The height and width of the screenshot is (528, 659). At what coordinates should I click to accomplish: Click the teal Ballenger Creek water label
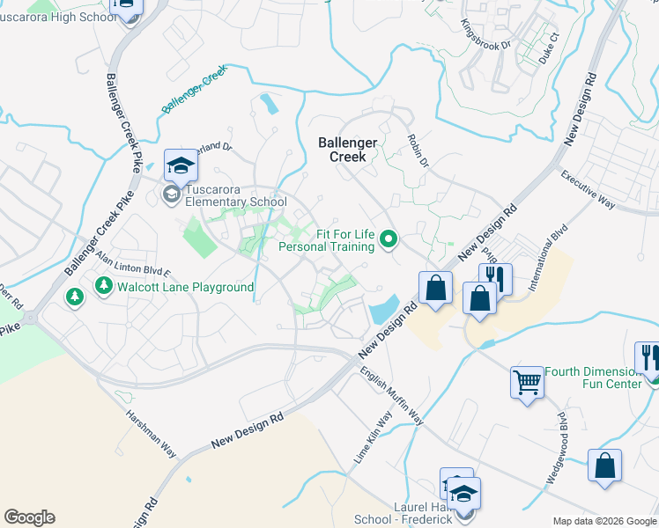coord(194,92)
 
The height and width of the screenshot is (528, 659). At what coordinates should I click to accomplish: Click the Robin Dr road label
coord(418,150)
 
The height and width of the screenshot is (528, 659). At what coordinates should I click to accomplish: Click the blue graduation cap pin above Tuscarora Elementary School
coord(181,165)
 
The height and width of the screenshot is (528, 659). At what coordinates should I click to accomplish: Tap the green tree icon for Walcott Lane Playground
coord(104,286)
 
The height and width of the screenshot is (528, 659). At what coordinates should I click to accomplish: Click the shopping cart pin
coord(527,383)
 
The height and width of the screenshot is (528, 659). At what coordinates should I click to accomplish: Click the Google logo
coord(29,517)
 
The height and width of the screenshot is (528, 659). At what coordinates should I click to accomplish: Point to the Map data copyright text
coord(603,521)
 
